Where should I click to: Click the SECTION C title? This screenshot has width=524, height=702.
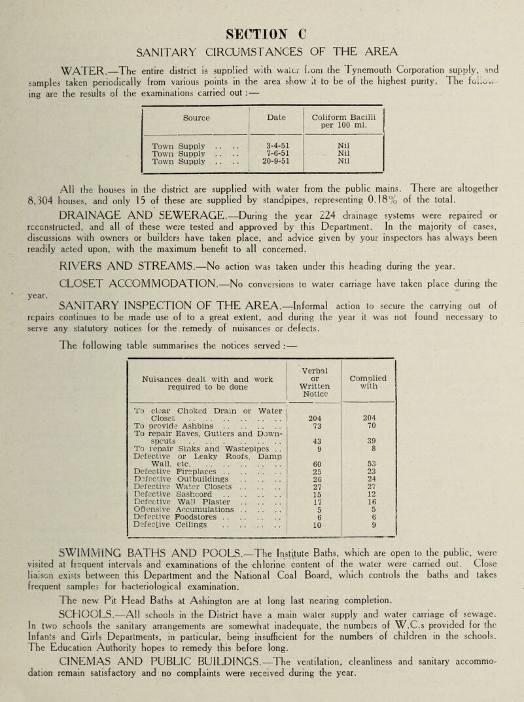click(262, 14)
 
